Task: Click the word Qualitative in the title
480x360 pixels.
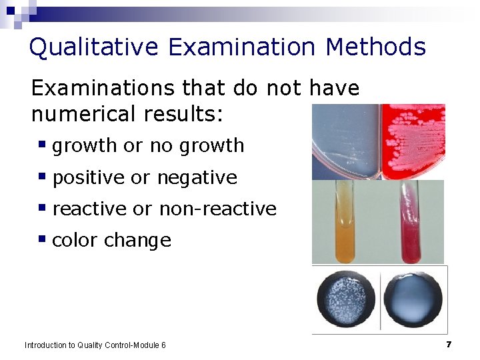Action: pyautogui.click(x=93, y=47)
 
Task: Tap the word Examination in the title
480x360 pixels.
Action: pyautogui.click(x=241, y=47)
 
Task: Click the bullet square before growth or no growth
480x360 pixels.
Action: pyautogui.click(x=42, y=143)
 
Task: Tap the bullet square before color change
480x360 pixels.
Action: pyautogui.click(x=42, y=238)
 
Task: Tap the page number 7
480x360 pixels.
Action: pyautogui.click(x=449, y=344)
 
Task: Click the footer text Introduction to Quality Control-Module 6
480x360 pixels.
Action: pyautogui.click(x=95, y=345)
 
